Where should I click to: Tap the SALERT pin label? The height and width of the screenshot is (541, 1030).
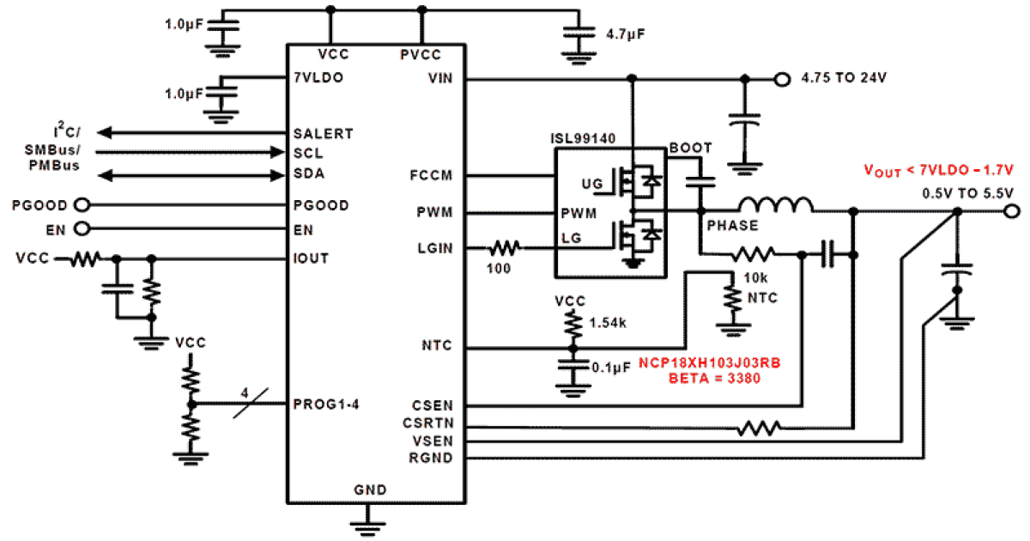coord(322,134)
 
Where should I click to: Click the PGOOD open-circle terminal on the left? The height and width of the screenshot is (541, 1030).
coord(83,206)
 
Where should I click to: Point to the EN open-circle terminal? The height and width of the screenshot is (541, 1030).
coord(83,230)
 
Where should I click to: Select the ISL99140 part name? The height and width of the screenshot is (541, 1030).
coord(584,139)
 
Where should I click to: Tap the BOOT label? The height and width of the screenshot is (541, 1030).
coord(690,149)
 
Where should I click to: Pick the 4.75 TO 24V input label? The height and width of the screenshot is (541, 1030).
coord(843,78)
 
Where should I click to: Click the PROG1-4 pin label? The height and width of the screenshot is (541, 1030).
coord(325,404)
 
